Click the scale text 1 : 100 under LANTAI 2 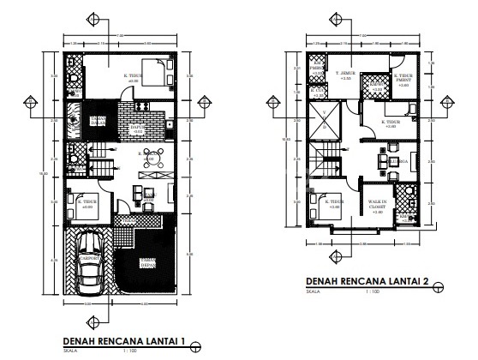click(372, 292)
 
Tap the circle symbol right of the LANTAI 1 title click(196, 346)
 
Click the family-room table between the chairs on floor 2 click(384, 160)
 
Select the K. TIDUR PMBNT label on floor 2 click(403, 80)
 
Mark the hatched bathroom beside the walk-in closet click(406, 219)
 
